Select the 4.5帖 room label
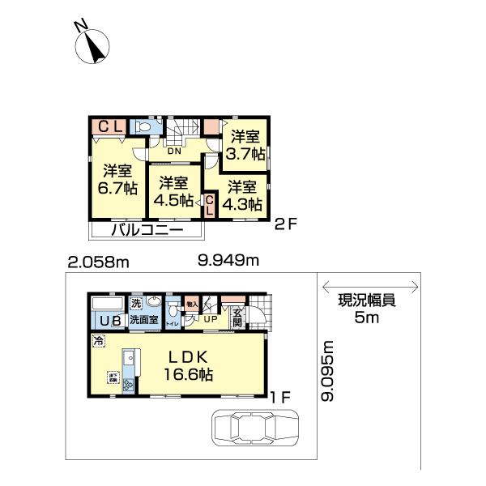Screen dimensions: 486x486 coord(174,191)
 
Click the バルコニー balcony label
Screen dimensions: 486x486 coord(145,230)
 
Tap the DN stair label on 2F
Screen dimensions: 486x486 coord(174,151)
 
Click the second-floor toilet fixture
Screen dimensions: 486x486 coord(145,126)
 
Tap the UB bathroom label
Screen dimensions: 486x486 coord(107,321)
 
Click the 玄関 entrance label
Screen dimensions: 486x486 coord(237,318)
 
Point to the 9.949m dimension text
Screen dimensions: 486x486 coord(228,260)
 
